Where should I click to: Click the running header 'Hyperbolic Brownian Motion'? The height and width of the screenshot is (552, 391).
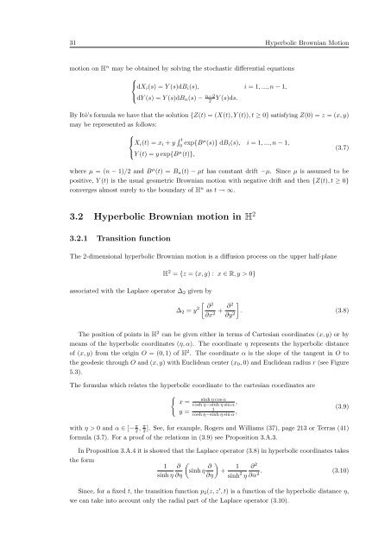tap(312, 18)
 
